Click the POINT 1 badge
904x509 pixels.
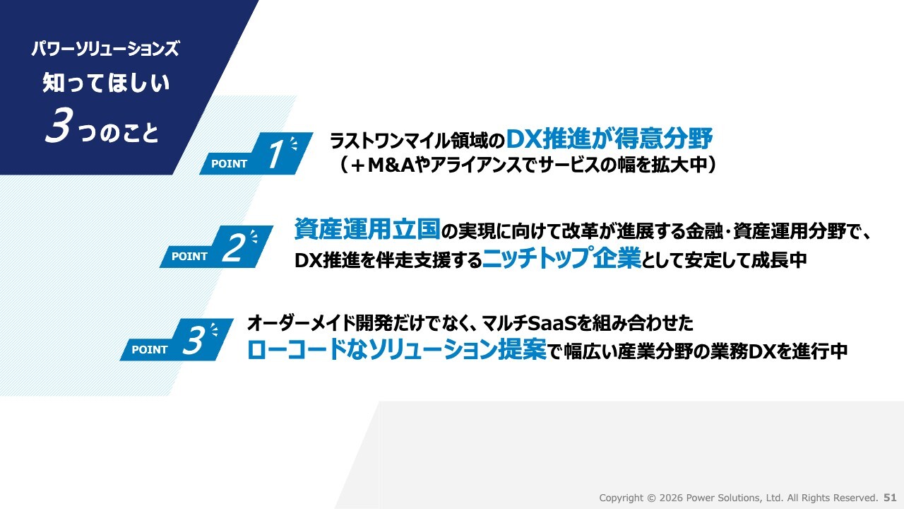pyautogui.click(x=256, y=153)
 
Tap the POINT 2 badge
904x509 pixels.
pyautogui.click(x=217, y=247)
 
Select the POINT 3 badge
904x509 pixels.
pyautogui.click(x=177, y=339)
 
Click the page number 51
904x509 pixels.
pyautogui.click(x=890, y=497)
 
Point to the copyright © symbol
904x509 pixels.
pyautogui.click(x=652, y=498)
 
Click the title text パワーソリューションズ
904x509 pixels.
pyautogui.click(x=105, y=49)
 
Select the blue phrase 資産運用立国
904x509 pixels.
pyautogui.click(x=367, y=228)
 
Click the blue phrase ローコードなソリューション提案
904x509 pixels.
pyautogui.click(x=397, y=350)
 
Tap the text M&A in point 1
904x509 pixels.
pyautogui.click(x=391, y=165)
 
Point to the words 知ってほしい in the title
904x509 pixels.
pyautogui.click(x=106, y=83)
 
